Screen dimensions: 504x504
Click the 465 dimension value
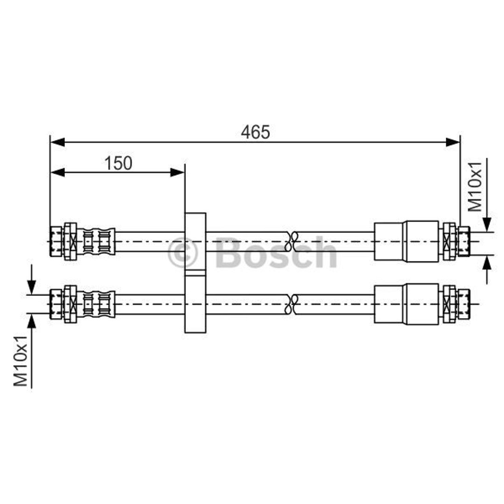pos(256,132)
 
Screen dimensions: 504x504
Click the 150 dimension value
pos(118,163)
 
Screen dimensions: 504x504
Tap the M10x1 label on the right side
pos(475,187)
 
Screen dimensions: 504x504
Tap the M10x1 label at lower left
pos(21,361)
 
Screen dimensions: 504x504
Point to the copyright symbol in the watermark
pos(182,253)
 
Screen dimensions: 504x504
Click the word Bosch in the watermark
pos(276,252)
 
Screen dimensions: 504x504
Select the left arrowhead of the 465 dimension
pos(58,142)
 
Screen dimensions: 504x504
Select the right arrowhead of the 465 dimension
pos(453,142)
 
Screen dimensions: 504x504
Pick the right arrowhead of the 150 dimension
pos(177,172)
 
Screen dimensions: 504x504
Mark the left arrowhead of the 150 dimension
pos(58,172)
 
